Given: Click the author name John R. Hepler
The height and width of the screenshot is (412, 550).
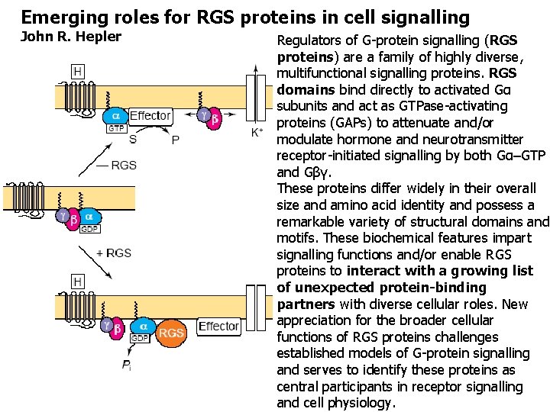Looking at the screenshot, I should click(71, 36).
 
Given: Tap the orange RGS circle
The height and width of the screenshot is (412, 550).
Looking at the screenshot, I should click(172, 332).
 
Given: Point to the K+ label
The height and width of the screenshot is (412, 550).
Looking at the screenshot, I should click(257, 132).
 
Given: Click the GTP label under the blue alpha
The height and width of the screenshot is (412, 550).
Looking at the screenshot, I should click(115, 128).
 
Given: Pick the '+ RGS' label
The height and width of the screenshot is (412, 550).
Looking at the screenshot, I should click(114, 253).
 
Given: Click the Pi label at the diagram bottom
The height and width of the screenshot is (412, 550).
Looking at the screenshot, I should click(126, 365).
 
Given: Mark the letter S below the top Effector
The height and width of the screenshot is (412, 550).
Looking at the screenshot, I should click(133, 140).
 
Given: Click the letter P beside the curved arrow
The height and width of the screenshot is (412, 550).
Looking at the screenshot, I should click(175, 140).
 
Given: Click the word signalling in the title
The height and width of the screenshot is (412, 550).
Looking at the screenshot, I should click(423, 16).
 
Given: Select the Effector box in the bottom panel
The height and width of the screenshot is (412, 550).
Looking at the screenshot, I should click(218, 326).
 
